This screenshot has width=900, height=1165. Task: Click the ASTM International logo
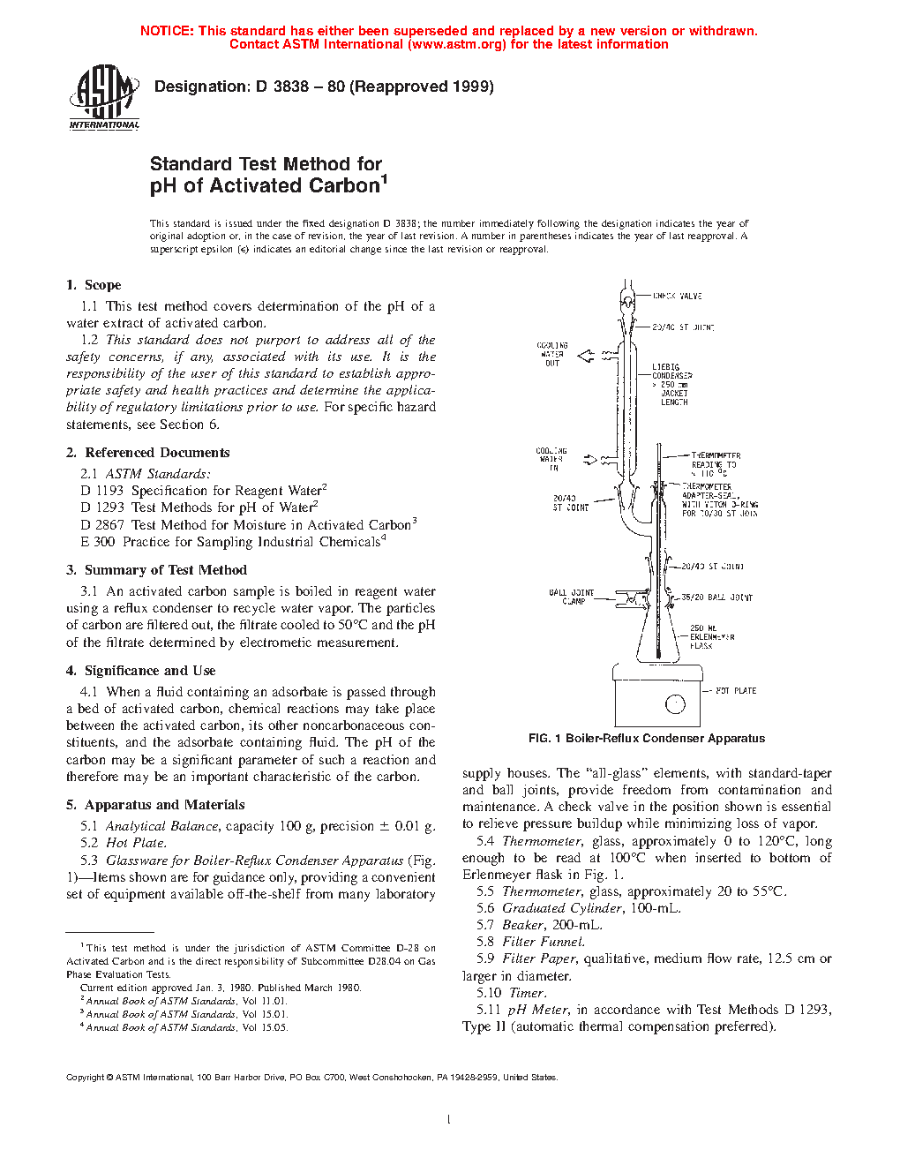tap(104, 98)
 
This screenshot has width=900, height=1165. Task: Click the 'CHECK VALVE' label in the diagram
tap(677, 297)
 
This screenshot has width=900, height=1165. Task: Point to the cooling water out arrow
tap(586, 356)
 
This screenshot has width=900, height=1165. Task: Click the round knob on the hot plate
tap(676, 704)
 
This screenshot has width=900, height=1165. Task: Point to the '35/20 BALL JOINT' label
tap(716, 598)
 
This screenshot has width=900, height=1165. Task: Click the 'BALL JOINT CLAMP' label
tap(572, 597)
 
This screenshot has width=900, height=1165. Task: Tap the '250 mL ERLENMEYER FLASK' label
tap(711, 636)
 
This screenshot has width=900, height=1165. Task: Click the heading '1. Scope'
tap(94, 285)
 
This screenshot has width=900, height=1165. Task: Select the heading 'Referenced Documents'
tap(157, 453)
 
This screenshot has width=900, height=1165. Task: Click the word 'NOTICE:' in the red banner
tap(167, 31)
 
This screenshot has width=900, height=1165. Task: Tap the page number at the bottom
tap(449, 1120)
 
